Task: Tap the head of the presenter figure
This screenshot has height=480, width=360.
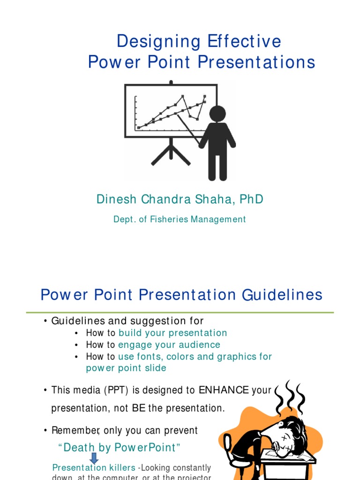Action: point(217,113)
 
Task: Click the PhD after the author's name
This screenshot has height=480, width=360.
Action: point(251,199)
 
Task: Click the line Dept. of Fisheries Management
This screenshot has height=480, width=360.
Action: point(180,219)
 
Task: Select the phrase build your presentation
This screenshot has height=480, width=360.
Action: point(172,333)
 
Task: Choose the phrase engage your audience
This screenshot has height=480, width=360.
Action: point(169,345)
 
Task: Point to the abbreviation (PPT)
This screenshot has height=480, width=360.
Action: point(110,390)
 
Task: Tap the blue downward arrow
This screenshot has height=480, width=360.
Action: point(94,458)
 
